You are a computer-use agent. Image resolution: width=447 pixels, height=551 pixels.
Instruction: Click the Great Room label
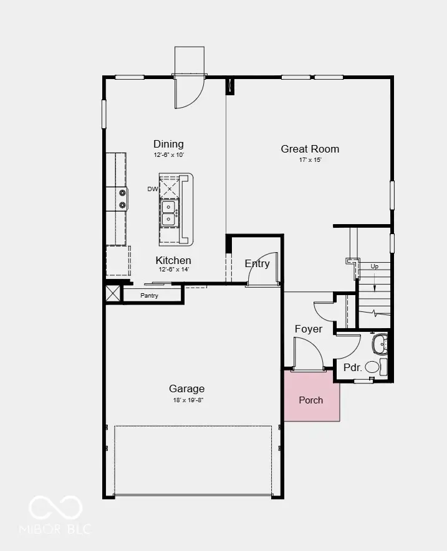point(310,149)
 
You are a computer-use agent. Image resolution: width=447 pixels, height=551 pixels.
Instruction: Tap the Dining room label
point(168,144)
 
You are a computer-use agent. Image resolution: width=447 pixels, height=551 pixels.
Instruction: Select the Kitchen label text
point(173,260)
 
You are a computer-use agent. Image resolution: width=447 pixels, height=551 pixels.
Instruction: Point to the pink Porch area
point(312,399)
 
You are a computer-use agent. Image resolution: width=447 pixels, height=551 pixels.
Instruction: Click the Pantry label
point(149,295)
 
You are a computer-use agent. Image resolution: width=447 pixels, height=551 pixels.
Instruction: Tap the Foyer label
point(309,329)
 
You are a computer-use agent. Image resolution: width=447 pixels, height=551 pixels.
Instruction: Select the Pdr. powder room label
point(353,367)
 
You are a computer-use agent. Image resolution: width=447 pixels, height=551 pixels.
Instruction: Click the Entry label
point(257,263)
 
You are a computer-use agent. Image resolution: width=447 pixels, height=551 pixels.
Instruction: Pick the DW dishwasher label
point(152,189)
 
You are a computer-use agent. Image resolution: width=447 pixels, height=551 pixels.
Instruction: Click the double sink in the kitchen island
point(169,212)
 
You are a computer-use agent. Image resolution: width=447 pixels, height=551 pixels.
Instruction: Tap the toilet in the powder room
point(372,367)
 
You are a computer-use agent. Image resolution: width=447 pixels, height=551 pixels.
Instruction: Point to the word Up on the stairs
point(374,266)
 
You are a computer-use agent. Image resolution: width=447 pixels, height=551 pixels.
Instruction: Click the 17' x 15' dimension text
point(310,160)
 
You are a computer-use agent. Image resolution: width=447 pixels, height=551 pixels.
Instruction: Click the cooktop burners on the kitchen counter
point(123,199)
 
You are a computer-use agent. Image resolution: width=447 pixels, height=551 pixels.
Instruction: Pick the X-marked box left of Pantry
point(113,293)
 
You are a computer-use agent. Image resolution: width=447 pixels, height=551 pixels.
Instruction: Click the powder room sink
point(380,342)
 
